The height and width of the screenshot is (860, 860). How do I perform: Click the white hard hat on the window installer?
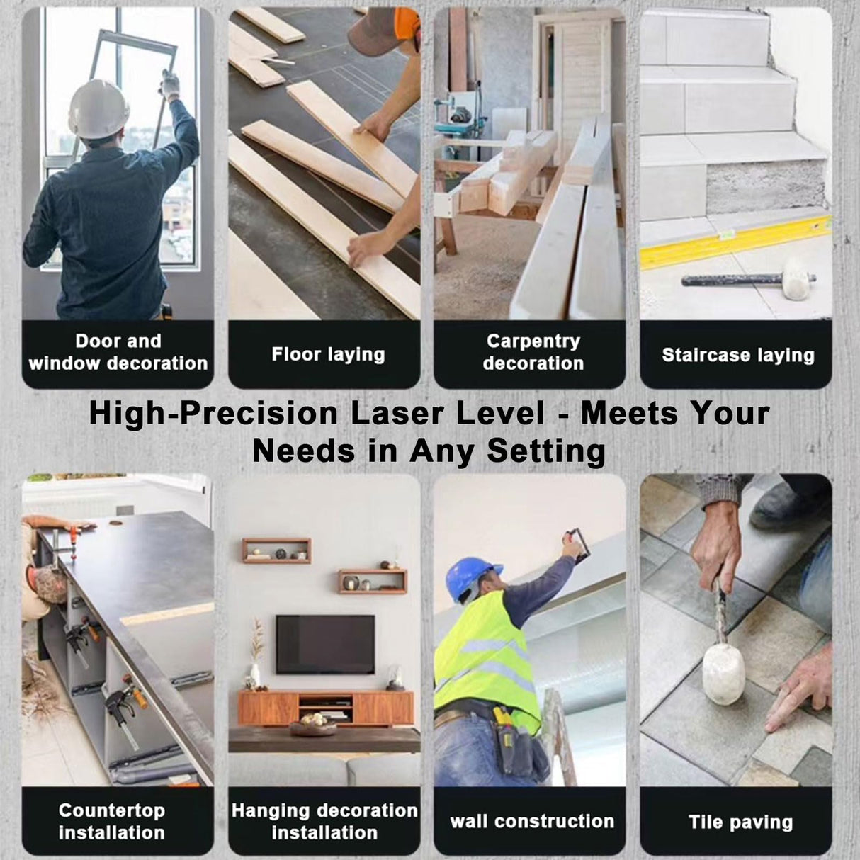pyautogui.click(x=98, y=109)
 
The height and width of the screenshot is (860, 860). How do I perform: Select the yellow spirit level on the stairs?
pyautogui.click(x=735, y=242)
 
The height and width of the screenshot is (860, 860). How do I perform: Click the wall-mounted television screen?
pyautogui.click(x=325, y=644)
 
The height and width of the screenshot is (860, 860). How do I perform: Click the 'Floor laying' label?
pyautogui.click(x=328, y=354)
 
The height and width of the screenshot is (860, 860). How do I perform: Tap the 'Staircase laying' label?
pyautogui.click(x=738, y=355)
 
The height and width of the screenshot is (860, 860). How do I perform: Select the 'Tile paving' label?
pyautogui.click(x=740, y=822)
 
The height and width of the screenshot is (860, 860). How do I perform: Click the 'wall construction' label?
pyautogui.click(x=532, y=821)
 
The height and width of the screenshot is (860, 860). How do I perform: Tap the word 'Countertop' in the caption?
pyautogui.click(x=111, y=810)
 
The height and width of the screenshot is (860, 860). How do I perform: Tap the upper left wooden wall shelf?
pyautogui.click(x=277, y=550)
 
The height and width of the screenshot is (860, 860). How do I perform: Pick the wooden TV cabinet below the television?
pyautogui.click(x=326, y=708)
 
